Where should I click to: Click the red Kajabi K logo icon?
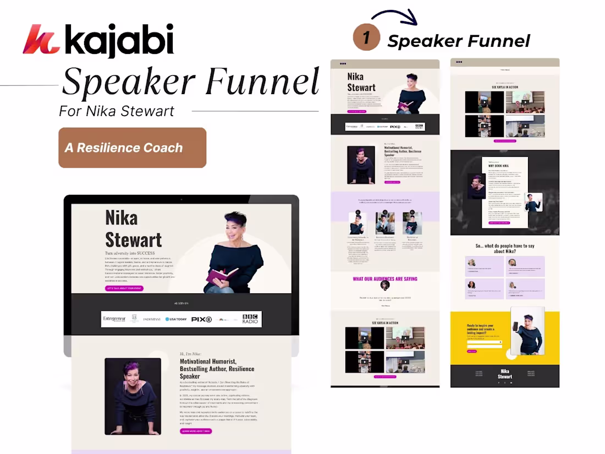(x=41, y=40)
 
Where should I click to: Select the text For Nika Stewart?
(x=117, y=111)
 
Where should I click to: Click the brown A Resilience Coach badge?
(x=132, y=147)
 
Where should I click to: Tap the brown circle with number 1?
(x=366, y=37)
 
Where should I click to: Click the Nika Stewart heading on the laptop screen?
(x=133, y=229)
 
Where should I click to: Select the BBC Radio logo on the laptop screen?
(x=250, y=319)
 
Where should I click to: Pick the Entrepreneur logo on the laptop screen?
(x=114, y=319)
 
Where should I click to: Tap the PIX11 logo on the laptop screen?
(x=201, y=319)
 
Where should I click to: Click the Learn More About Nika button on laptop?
(x=196, y=431)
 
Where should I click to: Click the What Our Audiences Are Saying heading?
(x=385, y=279)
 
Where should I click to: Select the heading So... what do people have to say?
(x=505, y=248)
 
